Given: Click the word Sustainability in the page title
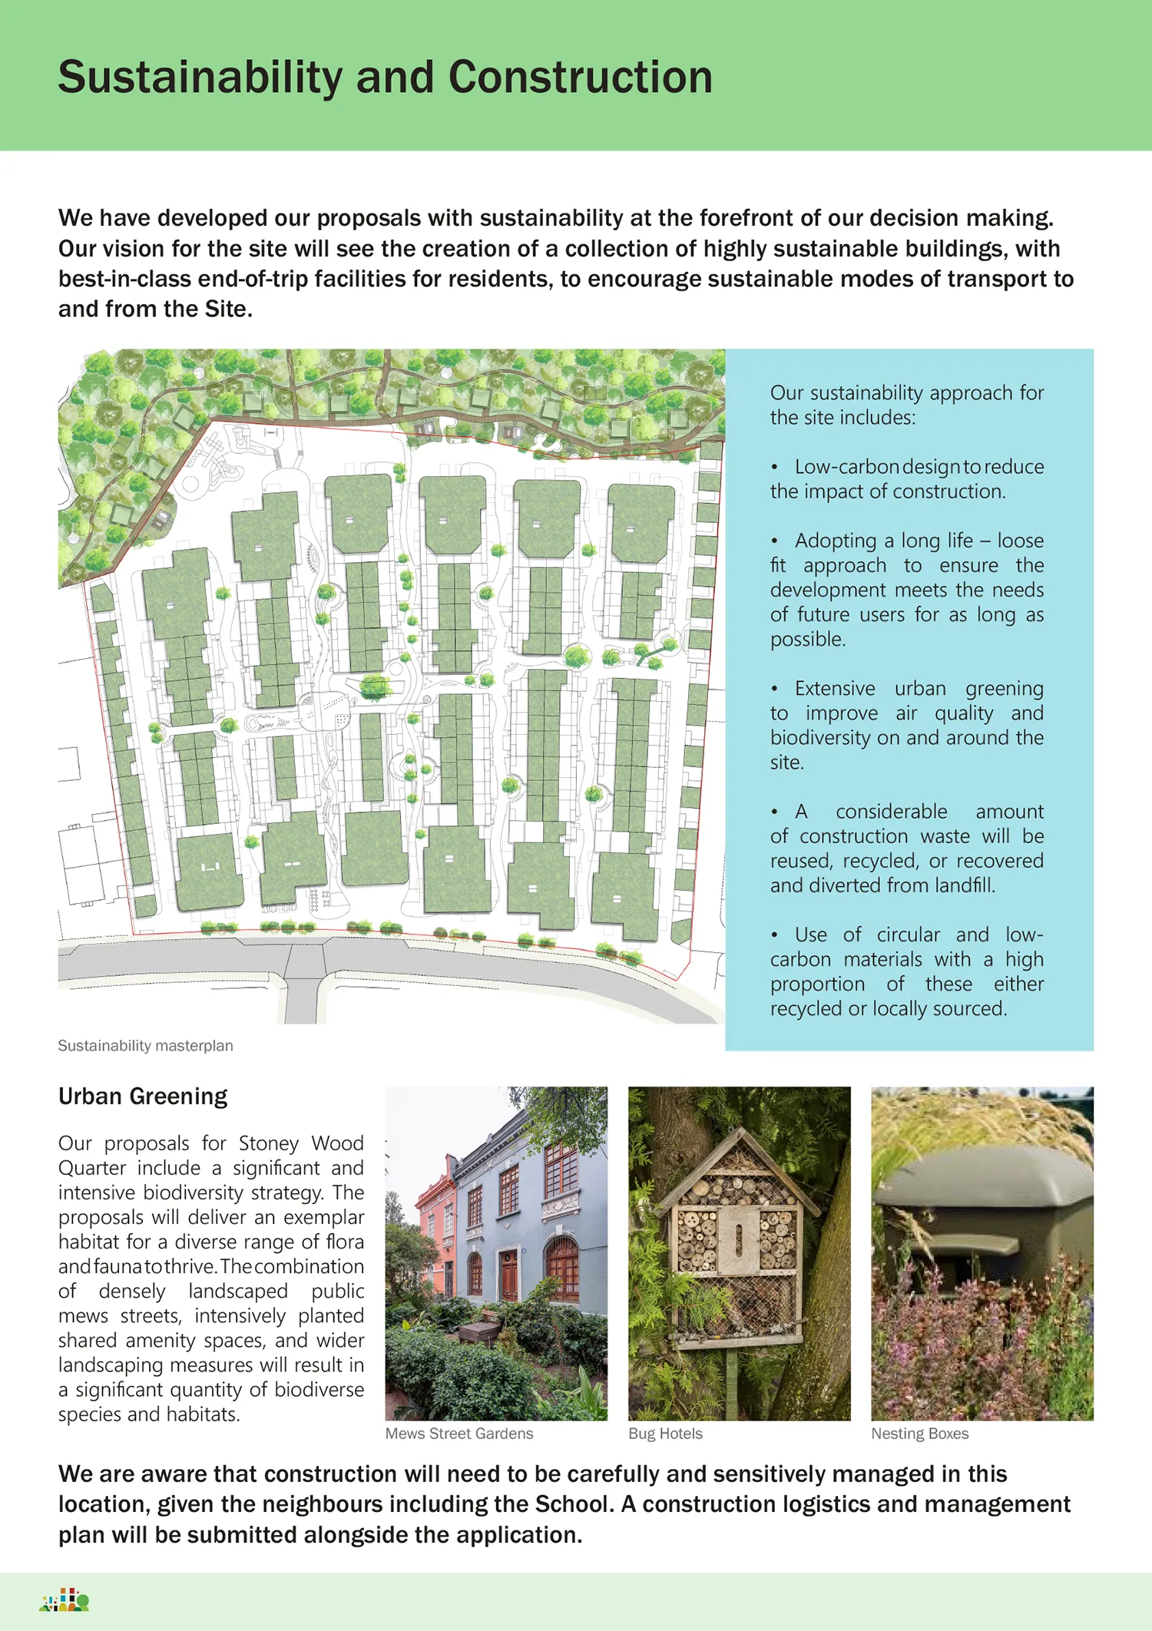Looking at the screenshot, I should pos(200,78).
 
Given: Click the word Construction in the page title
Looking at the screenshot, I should pos(580,78).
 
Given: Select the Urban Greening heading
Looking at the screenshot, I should pos(143,1097).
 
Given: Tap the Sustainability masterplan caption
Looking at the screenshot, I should pos(145,1046).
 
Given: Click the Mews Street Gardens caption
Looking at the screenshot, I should pos(459,1434).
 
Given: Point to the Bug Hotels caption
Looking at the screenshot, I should pos(665,1434).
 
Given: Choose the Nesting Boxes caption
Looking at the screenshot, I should pos(919,1434).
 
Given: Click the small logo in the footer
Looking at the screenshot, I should pos(65,1600).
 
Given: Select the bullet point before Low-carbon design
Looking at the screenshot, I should pos(775,468).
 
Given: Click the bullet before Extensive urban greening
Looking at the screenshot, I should pos(775,690).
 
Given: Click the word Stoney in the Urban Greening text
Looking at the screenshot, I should pos(269,1143).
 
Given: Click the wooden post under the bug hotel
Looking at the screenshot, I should pos(732,1382).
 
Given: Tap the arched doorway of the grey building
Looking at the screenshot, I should pos(561,1267).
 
